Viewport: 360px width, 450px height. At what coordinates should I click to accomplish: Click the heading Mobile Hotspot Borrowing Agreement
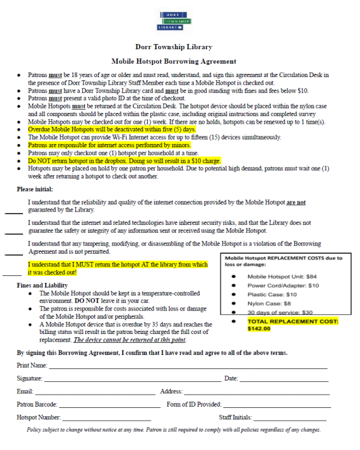pyautogui.click(x=173, y=62)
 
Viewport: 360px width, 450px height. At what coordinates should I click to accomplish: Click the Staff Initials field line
pyautogui.click(x=290, y=419)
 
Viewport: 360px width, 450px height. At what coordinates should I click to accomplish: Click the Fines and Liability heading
pyautogui.click(x=43, y=285)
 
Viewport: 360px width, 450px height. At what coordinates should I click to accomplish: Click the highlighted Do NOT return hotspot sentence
pyautogui.click(x=124, y=161)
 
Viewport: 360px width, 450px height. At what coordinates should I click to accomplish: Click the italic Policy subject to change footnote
pyautogui.click(x=173, y=430)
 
